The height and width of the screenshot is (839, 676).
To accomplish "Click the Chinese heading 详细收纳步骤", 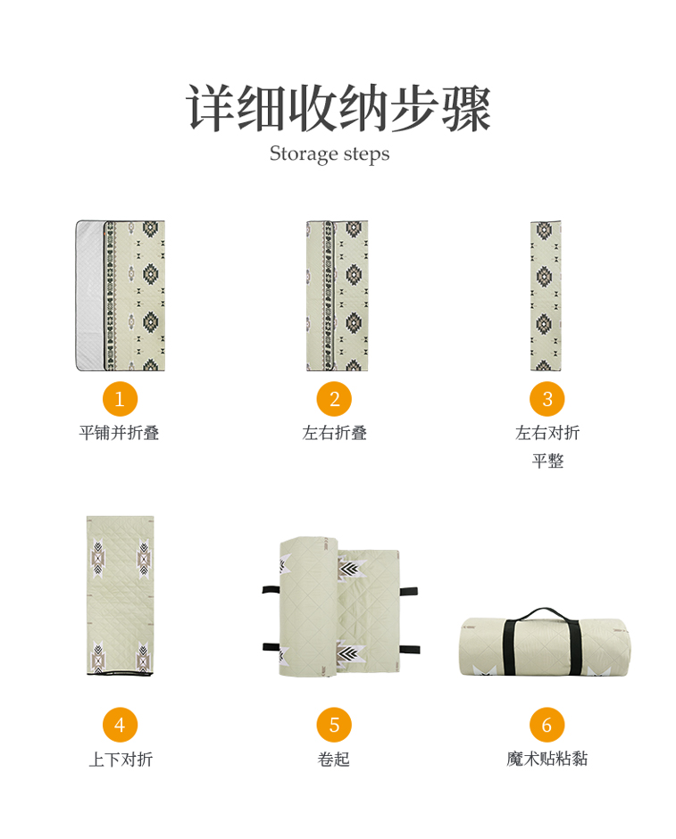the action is pyautogui.click(x=338, y=107).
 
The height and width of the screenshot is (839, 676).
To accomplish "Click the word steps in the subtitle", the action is pyautogui.click(x=367, y=154).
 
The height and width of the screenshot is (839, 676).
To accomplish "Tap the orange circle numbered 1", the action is pyautogui.click(x=120, y=399).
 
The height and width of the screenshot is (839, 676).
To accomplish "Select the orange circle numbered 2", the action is pyautogui.click(x=334, y=399).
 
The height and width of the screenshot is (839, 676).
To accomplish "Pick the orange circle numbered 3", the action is pyautogui.click(x=547, y=399).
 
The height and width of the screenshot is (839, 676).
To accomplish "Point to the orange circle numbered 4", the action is pyautogui.click(x=120, y=725).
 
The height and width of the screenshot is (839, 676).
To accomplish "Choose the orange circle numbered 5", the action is pyautogui.click(x=334, y=725).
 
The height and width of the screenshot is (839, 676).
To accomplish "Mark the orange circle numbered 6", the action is pyautogui.click(x=547, y=725).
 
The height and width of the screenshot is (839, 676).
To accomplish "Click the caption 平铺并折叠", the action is pyautogui.click(x=119, y=432).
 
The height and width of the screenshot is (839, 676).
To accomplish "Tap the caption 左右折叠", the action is pyautogui.click(x=334, y=432).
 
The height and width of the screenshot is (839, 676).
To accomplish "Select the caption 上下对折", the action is pyautogui.click(x=121, y=759).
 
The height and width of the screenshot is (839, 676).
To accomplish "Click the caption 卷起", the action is pyautogui.click(x=333, y=759).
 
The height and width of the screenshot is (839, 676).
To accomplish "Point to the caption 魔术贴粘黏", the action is pyautogui.click(x=547, y=758).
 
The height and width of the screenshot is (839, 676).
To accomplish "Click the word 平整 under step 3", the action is pyautogui.click(x=547, y=461).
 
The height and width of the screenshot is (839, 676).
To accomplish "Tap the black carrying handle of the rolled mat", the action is pyautogui.click(x=545, y=611).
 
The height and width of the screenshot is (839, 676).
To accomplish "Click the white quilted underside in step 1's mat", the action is pyautogui.click(x=89, y=295).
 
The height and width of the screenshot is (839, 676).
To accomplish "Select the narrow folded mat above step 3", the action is pyautogui.click(x=546, y=295).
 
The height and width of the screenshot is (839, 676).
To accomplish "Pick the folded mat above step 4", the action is pyautogui.click(x=120, y=595).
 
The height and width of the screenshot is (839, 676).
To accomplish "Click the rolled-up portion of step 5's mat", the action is pyautogui.click(x=309, y=607).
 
